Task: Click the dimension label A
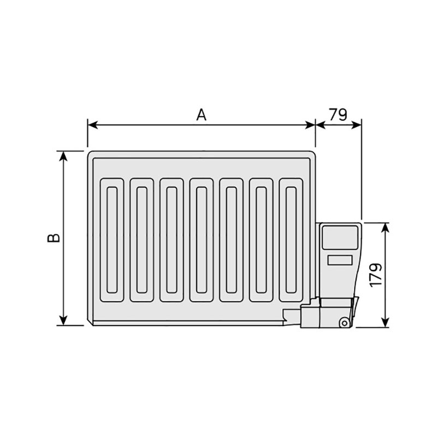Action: coord(202,115)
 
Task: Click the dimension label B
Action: coord(53,238)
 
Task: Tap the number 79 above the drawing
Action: coord(338,114)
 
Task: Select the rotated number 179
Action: coord(375,275)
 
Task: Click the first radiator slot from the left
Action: coord(113,240)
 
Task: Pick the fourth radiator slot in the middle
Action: coord(202,240)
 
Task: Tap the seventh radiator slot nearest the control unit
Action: coord(291,240)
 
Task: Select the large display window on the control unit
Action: coord(340,238)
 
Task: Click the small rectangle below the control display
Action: coord(340,261)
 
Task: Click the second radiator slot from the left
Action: coord(142,240)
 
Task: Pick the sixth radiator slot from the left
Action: coord(261,240)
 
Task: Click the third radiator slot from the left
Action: coord(172,240)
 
